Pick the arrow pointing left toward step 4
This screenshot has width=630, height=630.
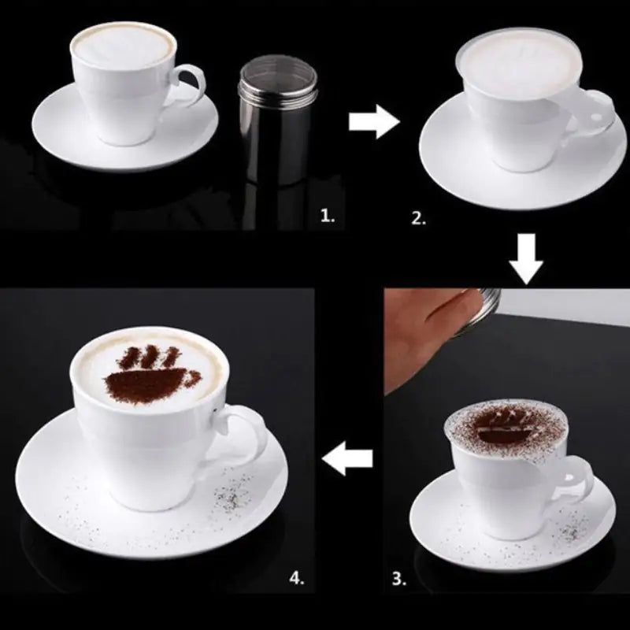click(347, 458)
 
